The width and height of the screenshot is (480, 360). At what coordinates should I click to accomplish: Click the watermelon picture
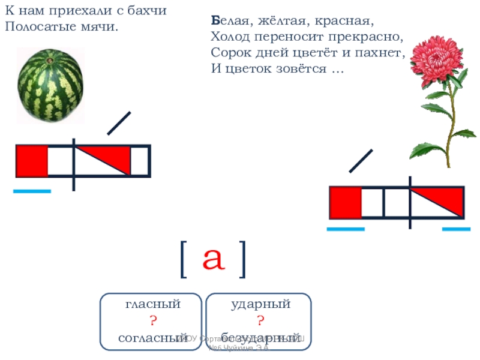(x=50, y=84)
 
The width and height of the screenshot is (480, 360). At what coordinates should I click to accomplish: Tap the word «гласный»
(x=152, y=305)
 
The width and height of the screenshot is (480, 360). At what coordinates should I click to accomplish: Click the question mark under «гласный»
(x=152, y=321)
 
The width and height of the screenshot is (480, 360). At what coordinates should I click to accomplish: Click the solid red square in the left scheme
(x=32, y=161)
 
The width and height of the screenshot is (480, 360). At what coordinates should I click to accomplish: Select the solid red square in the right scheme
(x=346, y=203)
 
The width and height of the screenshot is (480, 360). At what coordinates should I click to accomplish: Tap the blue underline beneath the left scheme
(x=32, y=191)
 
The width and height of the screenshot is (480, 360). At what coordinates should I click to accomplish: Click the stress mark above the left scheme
(x=119, y=124)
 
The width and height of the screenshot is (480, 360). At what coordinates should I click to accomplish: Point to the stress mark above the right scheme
(x=361, y=160)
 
